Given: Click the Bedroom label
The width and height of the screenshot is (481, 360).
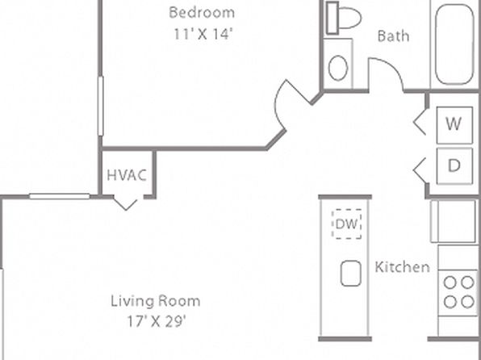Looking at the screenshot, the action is coord(202,13).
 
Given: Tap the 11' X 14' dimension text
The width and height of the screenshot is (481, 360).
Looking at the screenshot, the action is coord(202,34).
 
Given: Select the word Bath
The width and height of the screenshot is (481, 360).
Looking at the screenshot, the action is coord(393,36).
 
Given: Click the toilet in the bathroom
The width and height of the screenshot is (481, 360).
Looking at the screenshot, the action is coord(343,18).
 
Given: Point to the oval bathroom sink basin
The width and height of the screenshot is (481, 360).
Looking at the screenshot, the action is coord(338,68).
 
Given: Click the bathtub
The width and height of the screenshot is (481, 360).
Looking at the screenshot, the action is coord(454,44).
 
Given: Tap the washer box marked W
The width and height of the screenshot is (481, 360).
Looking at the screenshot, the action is coord(454,125).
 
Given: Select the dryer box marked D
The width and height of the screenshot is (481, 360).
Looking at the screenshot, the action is coord(454,166).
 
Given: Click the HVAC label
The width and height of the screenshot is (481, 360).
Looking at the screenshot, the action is coord(127,175).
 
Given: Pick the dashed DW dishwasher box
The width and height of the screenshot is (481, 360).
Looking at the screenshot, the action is coord(347,224).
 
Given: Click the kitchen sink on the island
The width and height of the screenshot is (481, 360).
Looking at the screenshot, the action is coord(350,273).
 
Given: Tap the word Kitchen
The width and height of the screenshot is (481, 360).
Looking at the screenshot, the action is coord(402,267).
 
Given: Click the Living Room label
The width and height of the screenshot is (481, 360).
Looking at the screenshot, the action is coord(156,301).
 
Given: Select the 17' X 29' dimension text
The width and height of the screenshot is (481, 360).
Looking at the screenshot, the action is coord(157,321).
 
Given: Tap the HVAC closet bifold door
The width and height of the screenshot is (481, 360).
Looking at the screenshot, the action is coord(125,204).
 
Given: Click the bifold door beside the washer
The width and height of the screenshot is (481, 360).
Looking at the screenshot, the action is coord(419,122).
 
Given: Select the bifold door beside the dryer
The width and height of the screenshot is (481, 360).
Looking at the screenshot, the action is coord(420,170).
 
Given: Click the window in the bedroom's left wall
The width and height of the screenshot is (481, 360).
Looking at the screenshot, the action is coord(101,106).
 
